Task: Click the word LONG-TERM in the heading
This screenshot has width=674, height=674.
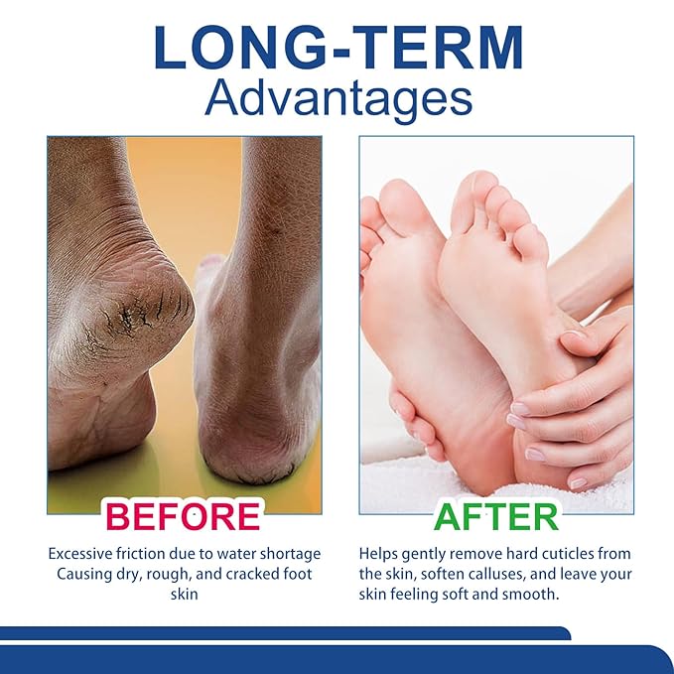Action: [337, 47]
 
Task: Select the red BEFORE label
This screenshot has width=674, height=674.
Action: [184, 516]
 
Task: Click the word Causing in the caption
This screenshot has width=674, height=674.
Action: [82, 575]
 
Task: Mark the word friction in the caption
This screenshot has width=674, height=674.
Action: [144, 554]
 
